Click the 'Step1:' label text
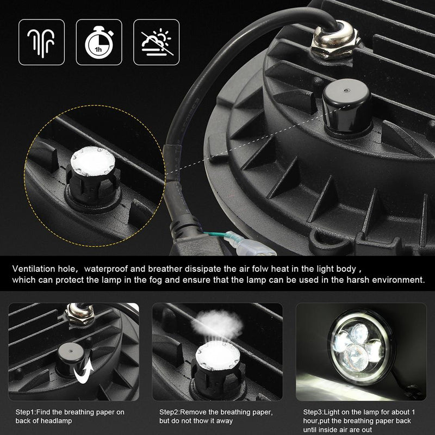(26, 412)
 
